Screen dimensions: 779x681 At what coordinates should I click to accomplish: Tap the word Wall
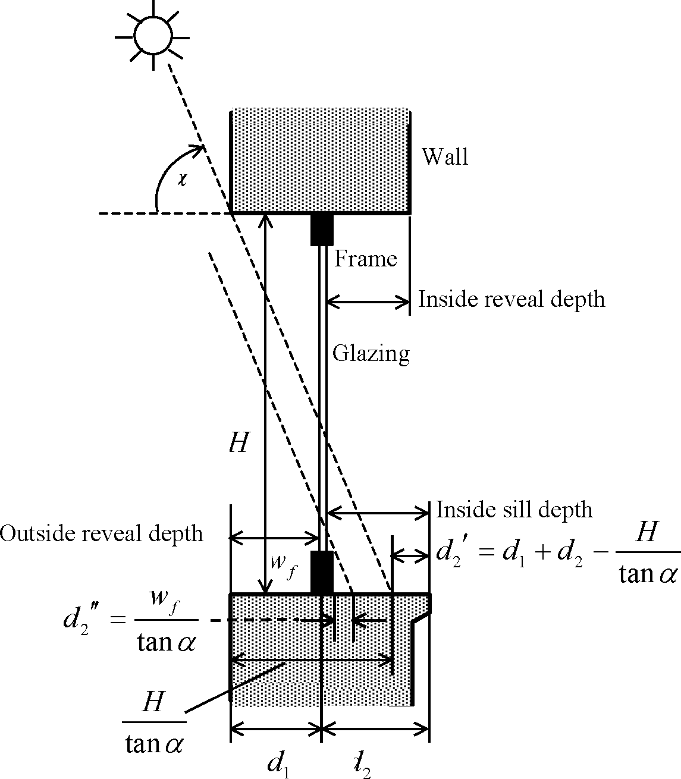pyautogui.click(x=445, y=157)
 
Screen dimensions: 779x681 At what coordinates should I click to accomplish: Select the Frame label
pyautogui.click(x=365, y=259)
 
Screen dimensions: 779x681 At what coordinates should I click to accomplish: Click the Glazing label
pyautogui.click(x=371, y=353)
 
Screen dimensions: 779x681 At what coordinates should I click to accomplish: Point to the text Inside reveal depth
pyautogui.click(x=511, y=299)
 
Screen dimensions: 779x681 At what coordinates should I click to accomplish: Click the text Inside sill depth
pyautogui.click(x=514, y=510)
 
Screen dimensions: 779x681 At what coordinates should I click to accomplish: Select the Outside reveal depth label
pyautogui.click(x=102, y=533)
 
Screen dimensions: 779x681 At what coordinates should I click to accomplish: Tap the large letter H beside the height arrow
pyautogui.click(x=238, y=443)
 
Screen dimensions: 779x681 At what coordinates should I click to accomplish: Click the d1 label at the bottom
pyautogui.click(x=278, y=763)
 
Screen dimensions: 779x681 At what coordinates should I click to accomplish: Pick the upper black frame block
pyautogui.click(x=322, y=229)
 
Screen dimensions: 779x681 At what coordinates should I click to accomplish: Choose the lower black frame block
pyautogui.click(x=322, y=572)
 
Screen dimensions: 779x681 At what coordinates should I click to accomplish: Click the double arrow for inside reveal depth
pyautogui.click(x=368, y=303)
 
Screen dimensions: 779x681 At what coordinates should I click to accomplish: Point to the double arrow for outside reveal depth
pyautogui.click(x=275, y=539)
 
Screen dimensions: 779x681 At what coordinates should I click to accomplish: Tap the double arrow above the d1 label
pyautogui.click(x=275, y=727)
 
